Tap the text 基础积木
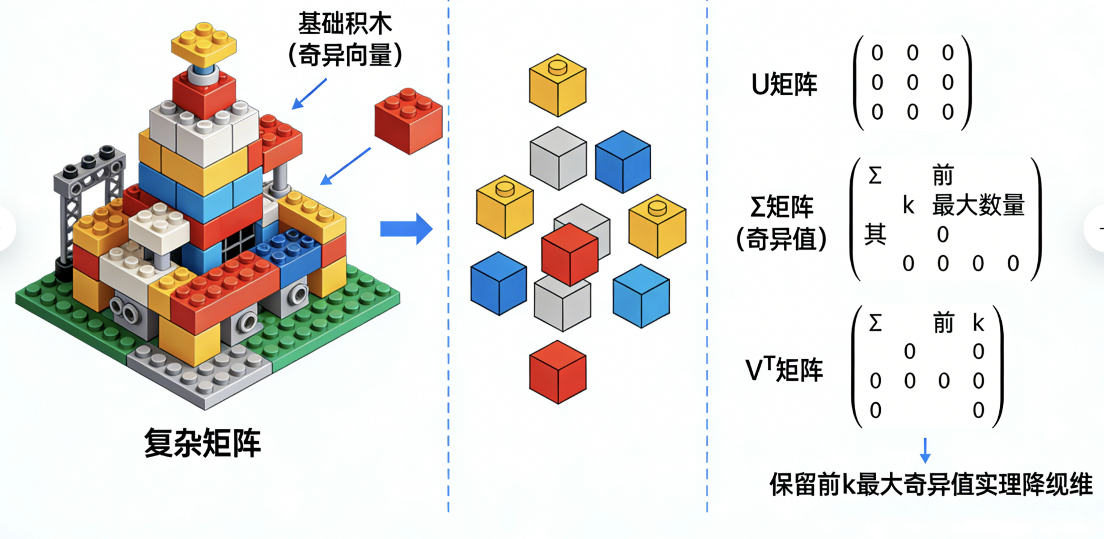(x=345, y=24)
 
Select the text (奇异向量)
(x=345, y=56)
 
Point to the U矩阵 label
(x=784, y=85)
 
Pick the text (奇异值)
(x=782, y=239)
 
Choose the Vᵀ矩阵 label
(x=784, y=369)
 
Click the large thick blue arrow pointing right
(x=406, y=229)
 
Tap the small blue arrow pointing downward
(x=925, y=450)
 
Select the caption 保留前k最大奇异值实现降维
(x=931, y=485)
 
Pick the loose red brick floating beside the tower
(x=408, y=120)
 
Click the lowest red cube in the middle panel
(x=557, y=371)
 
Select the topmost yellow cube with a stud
(x=557, y=85)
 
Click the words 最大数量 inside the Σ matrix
(x=978, y=206)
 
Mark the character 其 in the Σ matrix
(x=875, y=234)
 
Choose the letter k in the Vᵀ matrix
(x=978, y=324)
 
